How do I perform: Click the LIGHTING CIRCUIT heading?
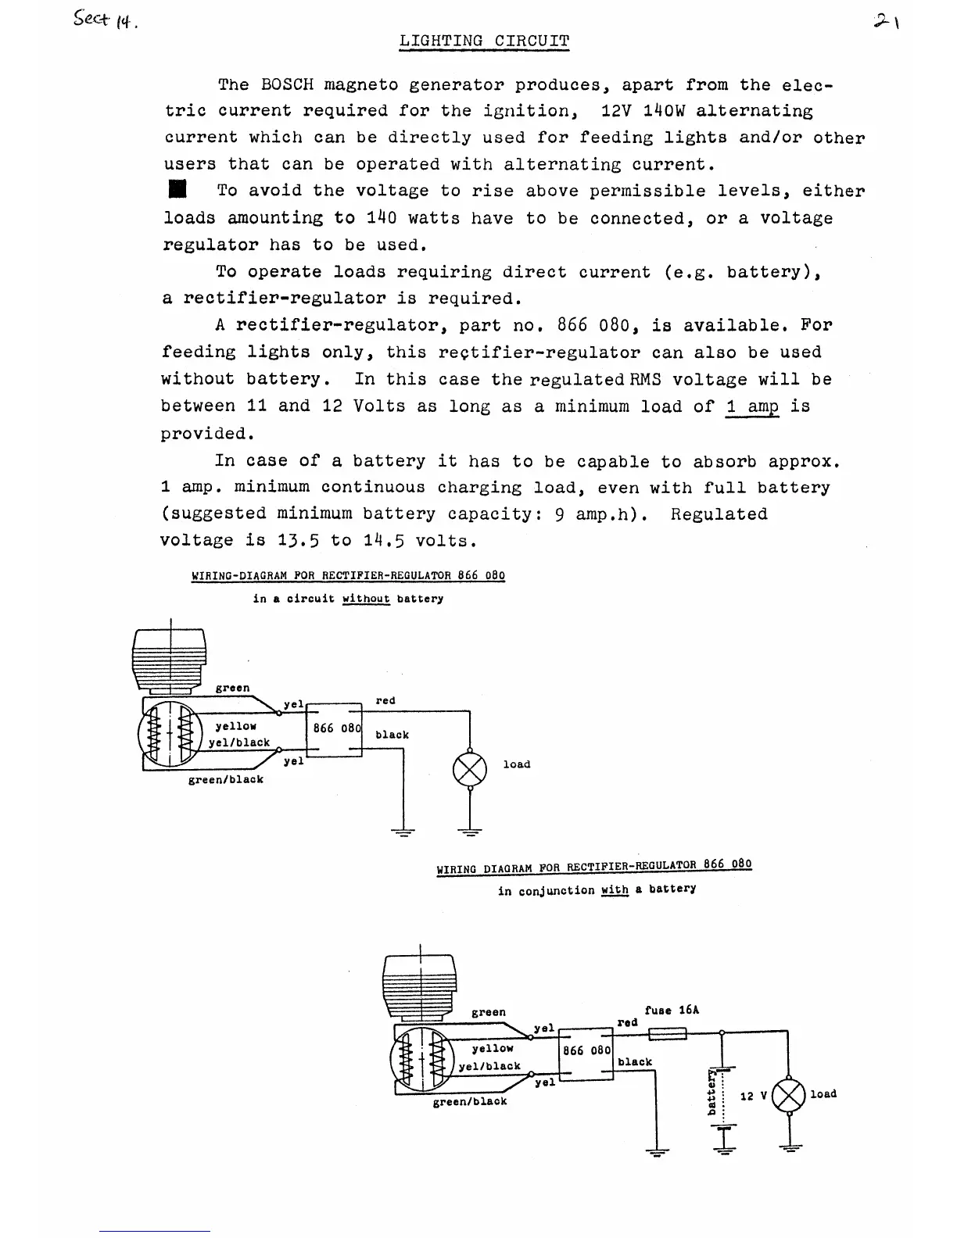click(x=484, y=41)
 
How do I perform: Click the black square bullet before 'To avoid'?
click(x=179, y=190)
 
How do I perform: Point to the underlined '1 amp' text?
click(x=752, y=406)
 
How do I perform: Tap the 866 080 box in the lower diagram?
click(x=586, y=1051)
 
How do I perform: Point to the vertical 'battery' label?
click(x=712, y=1092)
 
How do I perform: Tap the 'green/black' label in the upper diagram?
click(x=226, y=779)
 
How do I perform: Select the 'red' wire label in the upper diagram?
click(x=385, y=701)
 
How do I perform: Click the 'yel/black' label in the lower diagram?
click(x=489, y=1066)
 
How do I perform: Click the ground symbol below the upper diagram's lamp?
click(x=469, y=832)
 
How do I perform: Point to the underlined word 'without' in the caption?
click(x=366, y=599)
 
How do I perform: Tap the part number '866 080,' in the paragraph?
click(x=600, y=325)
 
